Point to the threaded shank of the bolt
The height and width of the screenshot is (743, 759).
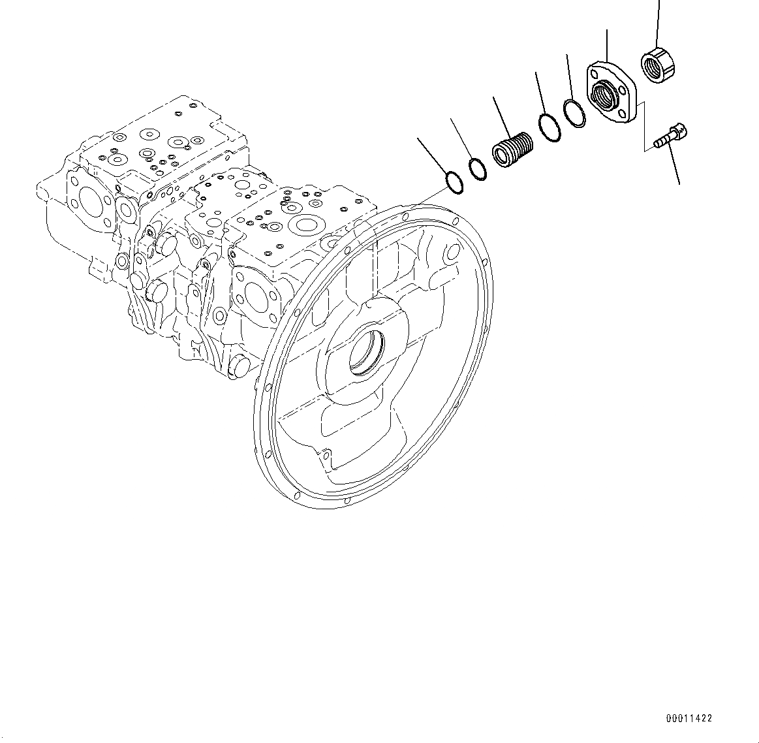tap(660, 142)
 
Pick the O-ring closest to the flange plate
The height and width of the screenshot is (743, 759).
tap(574, 114)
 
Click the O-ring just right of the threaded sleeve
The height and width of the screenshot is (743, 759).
tap(550, 128)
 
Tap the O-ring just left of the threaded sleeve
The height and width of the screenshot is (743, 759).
tap(478, 168)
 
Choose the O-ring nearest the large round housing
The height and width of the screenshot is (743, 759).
tap(454, 182)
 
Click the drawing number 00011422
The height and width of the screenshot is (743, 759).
tap(689, 718)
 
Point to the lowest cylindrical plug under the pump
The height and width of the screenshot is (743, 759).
tap(237, 366)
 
